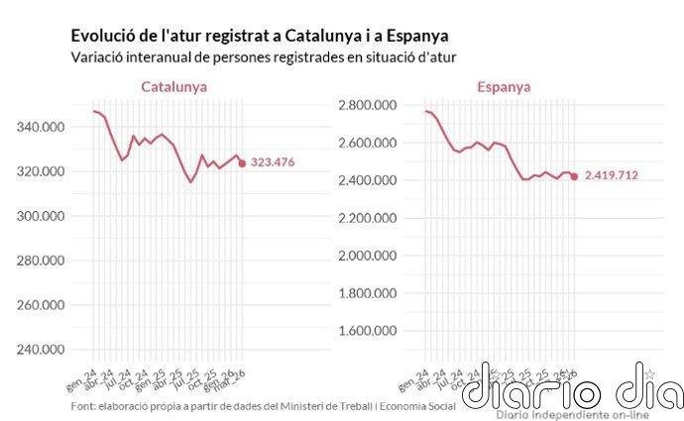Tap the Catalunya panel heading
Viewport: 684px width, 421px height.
(x=174, y=87)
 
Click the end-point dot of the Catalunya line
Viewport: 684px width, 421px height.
(x=242, y=163)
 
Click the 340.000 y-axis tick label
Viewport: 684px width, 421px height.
(x=41, y=127)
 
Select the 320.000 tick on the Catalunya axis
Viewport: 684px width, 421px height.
(x=41, y=171)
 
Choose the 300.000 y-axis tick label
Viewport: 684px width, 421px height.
(x=41, y=216)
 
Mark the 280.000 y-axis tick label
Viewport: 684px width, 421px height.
(x=41, y=261)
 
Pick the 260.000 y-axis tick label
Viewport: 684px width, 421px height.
(x=41, y=305)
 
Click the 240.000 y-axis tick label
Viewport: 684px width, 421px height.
(x=41, y=350)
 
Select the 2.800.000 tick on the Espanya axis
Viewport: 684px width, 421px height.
(x=369, y=105)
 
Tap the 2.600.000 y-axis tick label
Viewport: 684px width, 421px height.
(x=369, y=143)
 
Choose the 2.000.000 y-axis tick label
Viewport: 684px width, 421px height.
(x=369, y=256)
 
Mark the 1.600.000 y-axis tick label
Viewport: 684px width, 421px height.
(x=369, y=331)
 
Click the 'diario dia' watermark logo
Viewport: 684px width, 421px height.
(x=572, y=388)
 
